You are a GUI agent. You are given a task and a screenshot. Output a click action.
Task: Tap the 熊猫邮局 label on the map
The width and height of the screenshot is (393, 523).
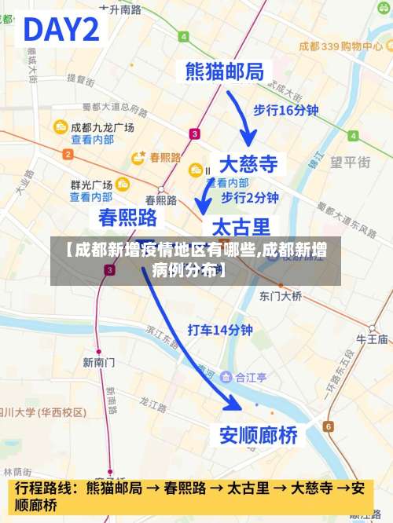tap(223, 71)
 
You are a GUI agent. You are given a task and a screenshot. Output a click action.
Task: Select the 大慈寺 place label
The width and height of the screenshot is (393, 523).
tap(248, 164)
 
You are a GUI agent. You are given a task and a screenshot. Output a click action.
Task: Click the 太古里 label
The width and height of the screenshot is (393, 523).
tap(242, 227)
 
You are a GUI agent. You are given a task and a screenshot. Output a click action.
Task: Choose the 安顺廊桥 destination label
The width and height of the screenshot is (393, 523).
tap(258, 434)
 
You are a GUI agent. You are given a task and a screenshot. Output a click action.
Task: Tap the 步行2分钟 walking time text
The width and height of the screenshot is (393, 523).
tap(250, 197)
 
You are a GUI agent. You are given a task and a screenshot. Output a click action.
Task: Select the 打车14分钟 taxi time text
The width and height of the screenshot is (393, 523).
tap(219, 330)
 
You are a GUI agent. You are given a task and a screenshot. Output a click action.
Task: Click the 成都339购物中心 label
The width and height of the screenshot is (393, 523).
tap(340, 46)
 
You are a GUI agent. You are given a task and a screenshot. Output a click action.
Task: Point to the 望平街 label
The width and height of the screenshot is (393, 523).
tap(350, 163)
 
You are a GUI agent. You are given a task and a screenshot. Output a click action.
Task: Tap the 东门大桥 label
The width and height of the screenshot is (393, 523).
tap(281, 296)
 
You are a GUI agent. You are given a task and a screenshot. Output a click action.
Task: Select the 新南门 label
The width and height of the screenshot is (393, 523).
tap(99, 362)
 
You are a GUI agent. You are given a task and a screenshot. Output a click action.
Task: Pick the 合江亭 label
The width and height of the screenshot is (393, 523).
tap(251, 377)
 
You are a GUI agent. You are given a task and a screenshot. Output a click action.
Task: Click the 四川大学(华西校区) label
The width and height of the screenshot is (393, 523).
tap(43, 411)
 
